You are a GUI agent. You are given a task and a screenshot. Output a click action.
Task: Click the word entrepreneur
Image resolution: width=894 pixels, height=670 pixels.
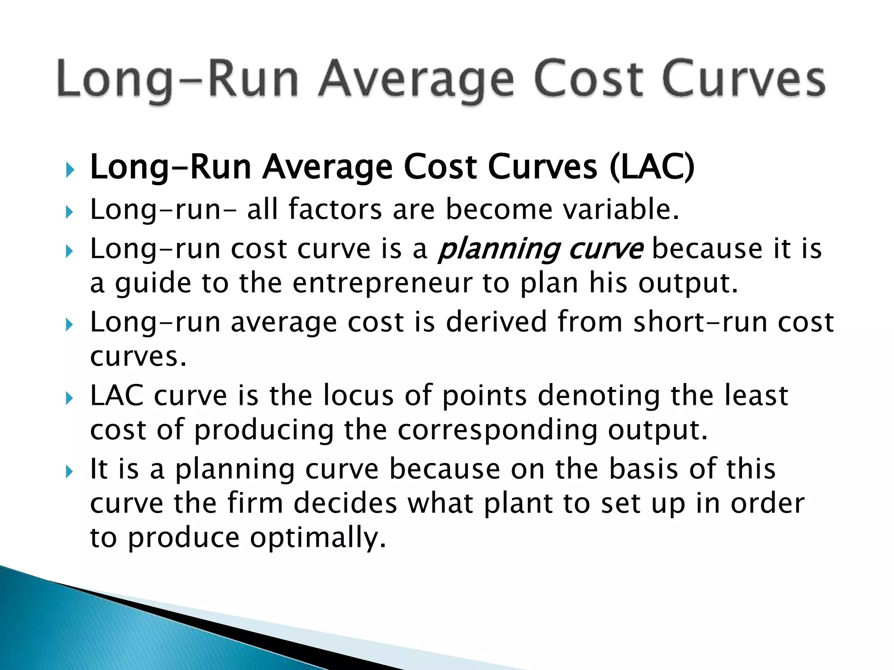[382, 283]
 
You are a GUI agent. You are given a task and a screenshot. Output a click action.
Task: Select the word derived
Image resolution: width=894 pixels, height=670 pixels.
[496, 322]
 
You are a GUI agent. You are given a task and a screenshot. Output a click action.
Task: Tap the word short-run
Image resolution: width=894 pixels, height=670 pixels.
[700, 322]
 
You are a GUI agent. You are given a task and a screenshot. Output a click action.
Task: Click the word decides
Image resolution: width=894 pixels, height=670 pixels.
[345, 503]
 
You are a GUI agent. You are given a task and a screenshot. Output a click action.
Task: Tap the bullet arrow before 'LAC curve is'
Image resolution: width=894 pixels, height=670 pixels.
[69, 398]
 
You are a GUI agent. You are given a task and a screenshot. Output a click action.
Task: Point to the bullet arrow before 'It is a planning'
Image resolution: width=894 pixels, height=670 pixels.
[69, 472]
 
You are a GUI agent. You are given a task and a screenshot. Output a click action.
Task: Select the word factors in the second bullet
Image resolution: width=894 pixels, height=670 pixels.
[335, 209]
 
